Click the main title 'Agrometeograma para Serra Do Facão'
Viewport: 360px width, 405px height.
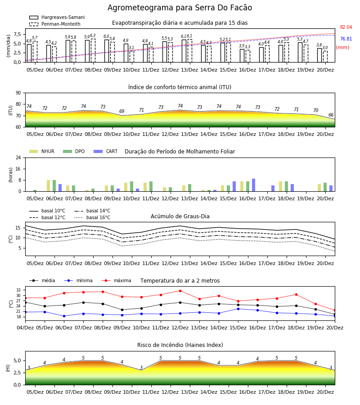pos(180,8)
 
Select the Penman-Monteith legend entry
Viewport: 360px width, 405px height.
pos(55,24)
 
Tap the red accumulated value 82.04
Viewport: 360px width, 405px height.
pos(346,27)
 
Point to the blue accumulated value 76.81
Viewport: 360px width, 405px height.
pos(346,39)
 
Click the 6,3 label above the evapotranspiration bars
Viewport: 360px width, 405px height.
pos(93,36)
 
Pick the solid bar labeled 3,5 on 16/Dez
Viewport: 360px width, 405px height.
pos(242,55)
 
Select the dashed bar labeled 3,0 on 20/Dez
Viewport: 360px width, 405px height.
pos(325,57)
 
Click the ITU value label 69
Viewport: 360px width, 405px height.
pos(121,111)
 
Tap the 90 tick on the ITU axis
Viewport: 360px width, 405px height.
pos(18,93)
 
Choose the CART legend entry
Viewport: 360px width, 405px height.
pos(106,151)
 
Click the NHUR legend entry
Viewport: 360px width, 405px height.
pos(42,151)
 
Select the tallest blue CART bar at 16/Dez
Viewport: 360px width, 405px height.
pos(254,185)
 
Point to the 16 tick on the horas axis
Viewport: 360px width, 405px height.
pos(18,169)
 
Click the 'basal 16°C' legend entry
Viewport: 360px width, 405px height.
pos(92,217)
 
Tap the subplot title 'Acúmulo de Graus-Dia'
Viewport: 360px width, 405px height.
pos(180,216)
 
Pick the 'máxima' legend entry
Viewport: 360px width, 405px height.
pos(117,280)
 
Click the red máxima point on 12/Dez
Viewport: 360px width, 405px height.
pos(180,291)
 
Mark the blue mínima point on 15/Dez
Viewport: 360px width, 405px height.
pos(238,309)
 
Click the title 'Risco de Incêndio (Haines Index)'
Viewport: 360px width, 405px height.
pos(180,345)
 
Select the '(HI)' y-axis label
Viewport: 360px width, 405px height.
pos(8,368)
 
